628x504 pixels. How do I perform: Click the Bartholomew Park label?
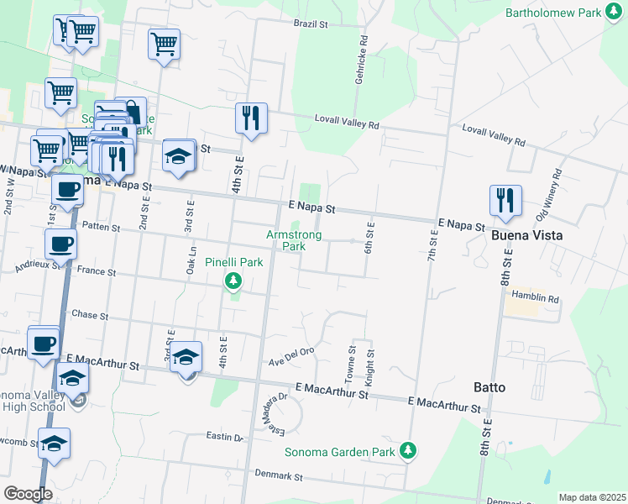pyautogui.click(x=554, y=13)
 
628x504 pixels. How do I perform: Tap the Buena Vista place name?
pyautogui.click(x=526, y=235)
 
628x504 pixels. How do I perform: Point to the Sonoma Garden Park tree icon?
pyautogui.click(x=408, y=451)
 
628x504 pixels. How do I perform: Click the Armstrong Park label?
pyautogui.click(x=294, y=240)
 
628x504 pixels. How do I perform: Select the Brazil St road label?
pyautogui.click(x=310, y=24)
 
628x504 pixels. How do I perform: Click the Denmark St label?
pyautogui.click(x=280, y=475)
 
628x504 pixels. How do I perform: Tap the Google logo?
pyautogui.click(x=28, y=494)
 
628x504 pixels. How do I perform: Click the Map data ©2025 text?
pyautogui.click(x=592, y=497)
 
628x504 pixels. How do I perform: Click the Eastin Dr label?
pyautogui.click(x=225, y=437)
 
